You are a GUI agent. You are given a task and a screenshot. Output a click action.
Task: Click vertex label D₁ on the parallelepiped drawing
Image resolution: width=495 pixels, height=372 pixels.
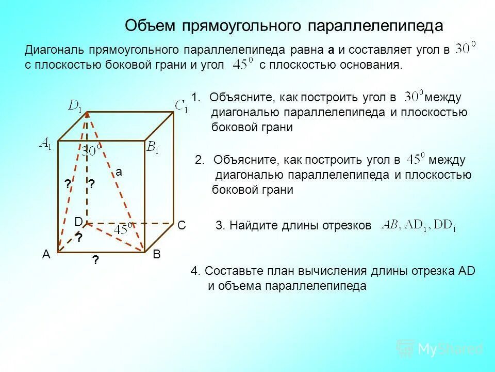[76, 106]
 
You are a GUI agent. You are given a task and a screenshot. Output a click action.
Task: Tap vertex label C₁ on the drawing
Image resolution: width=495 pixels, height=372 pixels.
[181, 106]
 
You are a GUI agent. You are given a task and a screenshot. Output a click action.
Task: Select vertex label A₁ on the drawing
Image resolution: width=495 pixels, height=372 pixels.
[46, 145]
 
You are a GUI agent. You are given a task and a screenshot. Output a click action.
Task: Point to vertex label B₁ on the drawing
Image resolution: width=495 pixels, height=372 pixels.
[153, 149]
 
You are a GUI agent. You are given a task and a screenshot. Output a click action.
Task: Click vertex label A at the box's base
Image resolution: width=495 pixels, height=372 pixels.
[46, 255]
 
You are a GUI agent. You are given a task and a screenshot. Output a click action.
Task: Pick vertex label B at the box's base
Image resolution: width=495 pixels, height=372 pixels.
[157, 255]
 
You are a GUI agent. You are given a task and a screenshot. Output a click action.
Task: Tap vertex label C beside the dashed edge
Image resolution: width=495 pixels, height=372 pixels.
[181, 226]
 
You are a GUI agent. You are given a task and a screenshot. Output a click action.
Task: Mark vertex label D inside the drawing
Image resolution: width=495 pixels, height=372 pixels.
[78, 222]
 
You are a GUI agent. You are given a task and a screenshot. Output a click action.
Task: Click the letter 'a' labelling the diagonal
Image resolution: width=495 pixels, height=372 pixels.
[119, 173]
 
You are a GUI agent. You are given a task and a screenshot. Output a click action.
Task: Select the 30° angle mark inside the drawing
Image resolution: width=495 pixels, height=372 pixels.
[93, 151]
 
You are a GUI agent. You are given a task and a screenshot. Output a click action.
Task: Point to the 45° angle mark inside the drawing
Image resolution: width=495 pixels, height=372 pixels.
[124, 229]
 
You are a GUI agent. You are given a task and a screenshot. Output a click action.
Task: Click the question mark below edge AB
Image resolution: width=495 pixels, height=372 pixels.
[96, 261]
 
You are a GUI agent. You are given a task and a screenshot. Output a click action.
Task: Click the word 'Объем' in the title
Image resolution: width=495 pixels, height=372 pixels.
[151, 26]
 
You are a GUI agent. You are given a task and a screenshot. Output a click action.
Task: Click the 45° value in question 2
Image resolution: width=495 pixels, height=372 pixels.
[415, 159]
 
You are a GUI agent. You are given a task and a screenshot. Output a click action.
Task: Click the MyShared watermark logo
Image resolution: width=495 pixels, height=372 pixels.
[440, 349]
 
